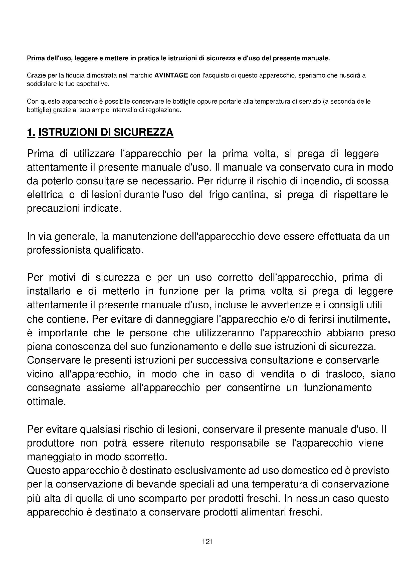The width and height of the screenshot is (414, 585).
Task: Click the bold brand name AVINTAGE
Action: (x=171, y=76)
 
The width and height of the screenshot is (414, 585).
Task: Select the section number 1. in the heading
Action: (x=31, y=132)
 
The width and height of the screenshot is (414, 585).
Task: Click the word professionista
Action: (x=59, y=250)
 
